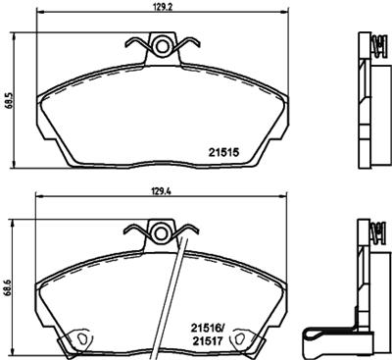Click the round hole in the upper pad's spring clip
tap(157, 43)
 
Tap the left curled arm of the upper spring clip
tap(133, 42)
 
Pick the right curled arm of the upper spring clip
tap(180, 42)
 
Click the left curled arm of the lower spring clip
tap(133, 230)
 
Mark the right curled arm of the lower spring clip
tap(180, 230)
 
